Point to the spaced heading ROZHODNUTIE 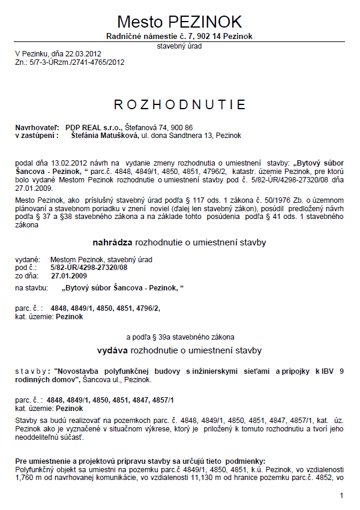point(180,105)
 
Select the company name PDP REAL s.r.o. point(94,128)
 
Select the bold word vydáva point(113,349)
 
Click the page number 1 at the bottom point(341,496)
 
